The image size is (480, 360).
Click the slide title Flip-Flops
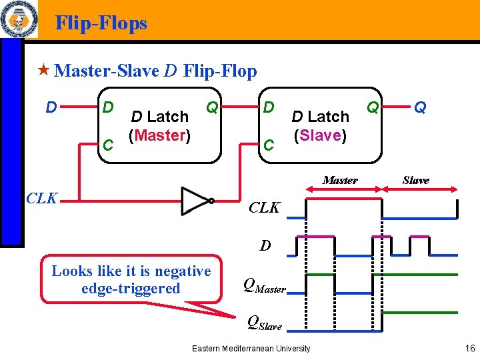(101, 23)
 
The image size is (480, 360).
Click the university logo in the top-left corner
(18, 19)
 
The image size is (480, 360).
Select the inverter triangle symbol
(195, 200)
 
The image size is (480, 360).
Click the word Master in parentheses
(162, 135)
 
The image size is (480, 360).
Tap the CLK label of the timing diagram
(264, 207)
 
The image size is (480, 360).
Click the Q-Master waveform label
(265, 287)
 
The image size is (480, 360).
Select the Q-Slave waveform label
(265, 324)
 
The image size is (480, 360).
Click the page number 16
(469, 348)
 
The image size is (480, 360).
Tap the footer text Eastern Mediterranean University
(251, 348)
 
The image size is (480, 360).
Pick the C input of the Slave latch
(268, 144)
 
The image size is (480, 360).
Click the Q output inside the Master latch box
(212, 107)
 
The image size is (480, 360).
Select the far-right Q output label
(420, 107)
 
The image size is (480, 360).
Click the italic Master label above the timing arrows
(340, 180)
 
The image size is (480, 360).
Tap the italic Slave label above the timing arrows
(416, 180)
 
